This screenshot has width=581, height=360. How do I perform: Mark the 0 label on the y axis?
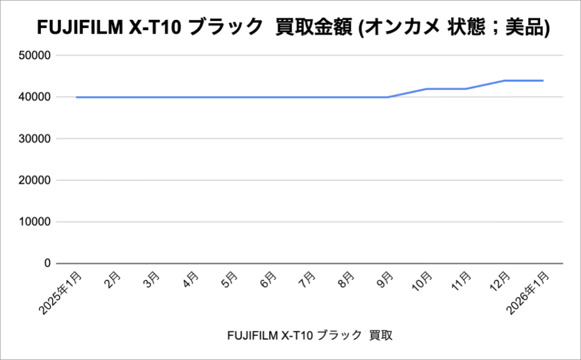[48, 263]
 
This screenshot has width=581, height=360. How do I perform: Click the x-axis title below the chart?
[309, 336]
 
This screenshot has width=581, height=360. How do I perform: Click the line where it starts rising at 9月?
[388, 97]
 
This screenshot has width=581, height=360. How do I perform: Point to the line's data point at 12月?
[504, 81]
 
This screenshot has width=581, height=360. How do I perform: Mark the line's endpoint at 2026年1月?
[543, 81]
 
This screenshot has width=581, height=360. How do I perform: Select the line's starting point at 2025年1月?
[77, 97]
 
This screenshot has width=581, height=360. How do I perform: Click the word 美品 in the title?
[524, 28]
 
